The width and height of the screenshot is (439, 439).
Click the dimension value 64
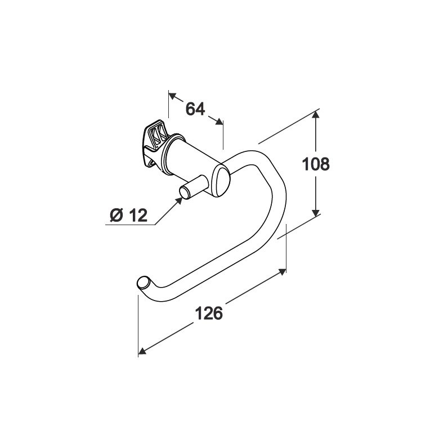[x=195, y=109]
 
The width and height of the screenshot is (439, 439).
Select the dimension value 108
[x=316, y=164]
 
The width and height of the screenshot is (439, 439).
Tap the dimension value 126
[x=209, y=313]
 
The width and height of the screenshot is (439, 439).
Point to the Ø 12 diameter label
[x=128, y=216]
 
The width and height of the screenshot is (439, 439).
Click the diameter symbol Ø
[x=117, y=216]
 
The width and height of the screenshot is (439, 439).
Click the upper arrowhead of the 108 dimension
[x=316, y=115]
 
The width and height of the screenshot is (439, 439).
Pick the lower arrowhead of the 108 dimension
[x=316, y=213]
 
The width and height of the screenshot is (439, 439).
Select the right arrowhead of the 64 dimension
[x=219, y=121]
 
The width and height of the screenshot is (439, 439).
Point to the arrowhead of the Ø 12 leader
[x=179, y=200]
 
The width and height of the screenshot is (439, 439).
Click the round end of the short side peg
[x=184, y=193]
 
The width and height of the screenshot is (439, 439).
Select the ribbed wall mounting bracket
[x=155, y=145]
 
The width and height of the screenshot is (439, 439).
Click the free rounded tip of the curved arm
[x=143, y=283]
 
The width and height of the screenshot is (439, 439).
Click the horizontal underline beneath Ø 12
[x=130, y=225]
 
